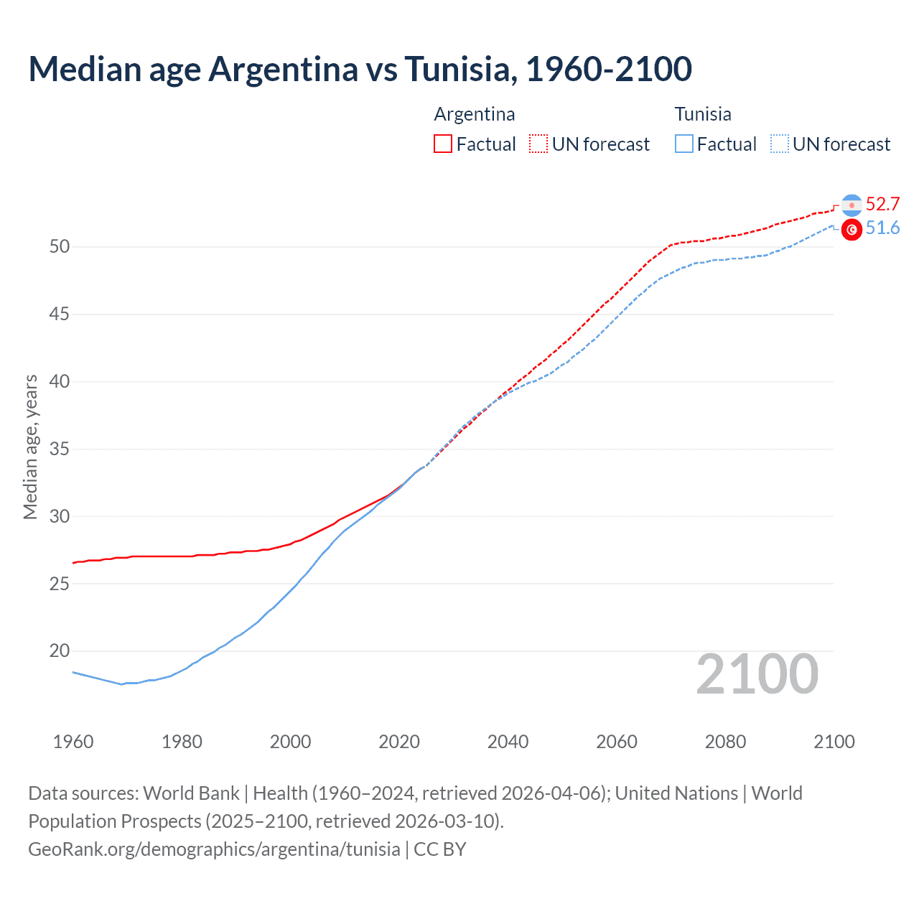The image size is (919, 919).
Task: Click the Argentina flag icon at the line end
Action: (852, 205)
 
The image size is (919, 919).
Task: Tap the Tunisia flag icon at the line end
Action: (852, 230)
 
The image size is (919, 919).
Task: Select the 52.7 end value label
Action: (882, 205)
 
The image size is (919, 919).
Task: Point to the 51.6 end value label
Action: (882, 228)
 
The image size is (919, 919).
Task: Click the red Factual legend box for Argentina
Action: (443, 144)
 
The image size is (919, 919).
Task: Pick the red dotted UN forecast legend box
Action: (538, 144)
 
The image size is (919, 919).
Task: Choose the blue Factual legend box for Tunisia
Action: (684, 144)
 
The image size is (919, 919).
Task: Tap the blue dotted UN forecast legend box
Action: (779, 144)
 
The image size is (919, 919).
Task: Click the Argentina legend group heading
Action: (475, 114)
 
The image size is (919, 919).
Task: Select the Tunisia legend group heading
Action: (703, 114)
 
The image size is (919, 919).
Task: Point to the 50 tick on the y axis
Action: (60, 247)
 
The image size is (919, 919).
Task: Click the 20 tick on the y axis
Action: (60, 651)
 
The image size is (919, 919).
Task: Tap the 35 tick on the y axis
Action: (60, 449)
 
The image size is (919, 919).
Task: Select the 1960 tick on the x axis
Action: (73, 742)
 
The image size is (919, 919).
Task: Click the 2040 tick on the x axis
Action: (508, 742)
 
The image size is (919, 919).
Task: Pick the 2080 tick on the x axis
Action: (725, 742)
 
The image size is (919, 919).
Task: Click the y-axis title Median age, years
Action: (30, 447)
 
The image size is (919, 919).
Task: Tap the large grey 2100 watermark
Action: (757, 674)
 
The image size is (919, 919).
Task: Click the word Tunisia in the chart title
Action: (457, 69)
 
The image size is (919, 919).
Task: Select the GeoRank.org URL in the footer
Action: (214, 849)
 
